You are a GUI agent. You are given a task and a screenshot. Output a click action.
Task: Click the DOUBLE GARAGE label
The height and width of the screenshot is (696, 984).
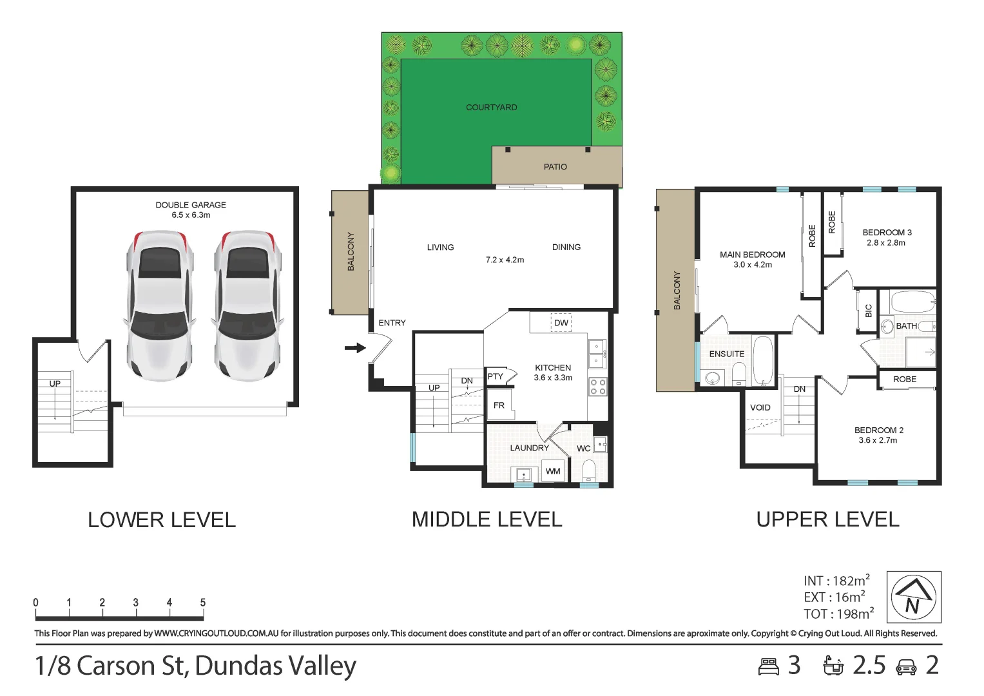(191, 205)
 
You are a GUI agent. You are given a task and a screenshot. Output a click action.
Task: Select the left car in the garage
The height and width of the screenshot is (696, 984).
(159, 305)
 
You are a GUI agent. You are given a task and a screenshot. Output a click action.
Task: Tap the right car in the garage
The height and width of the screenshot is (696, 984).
(248, 305)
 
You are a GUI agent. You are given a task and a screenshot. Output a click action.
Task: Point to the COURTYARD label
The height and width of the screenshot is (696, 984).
(492, 108)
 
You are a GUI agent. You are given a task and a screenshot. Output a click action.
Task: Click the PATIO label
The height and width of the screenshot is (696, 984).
(555, 167)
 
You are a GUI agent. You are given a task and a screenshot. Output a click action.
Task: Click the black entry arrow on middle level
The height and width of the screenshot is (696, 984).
(355, 348)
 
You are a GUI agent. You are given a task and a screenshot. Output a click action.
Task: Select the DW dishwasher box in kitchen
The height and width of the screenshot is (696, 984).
(561, 323)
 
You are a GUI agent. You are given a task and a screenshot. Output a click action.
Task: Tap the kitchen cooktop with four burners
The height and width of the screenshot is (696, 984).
(597, 387)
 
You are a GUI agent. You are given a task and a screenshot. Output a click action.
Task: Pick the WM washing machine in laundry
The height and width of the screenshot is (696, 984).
(553, 471)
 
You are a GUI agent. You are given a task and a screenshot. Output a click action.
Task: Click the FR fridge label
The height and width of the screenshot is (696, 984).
(499, 405)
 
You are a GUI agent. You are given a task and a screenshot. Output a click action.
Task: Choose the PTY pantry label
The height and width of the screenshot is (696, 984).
(495, 376)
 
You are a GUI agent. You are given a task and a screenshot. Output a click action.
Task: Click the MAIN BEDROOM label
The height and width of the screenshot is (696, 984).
(753, 255)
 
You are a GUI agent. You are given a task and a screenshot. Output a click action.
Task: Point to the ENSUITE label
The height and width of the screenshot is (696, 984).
(727, 354)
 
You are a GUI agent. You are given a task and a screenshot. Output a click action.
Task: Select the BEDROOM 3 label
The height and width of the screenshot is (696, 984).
(887, 233)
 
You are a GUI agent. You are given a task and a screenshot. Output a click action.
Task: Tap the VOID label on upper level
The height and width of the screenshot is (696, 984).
(760, 407)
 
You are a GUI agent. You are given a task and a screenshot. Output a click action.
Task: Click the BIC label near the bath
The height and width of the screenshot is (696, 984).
(869, 311)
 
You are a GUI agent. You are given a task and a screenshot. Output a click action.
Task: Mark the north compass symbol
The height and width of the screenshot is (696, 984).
(914, 597)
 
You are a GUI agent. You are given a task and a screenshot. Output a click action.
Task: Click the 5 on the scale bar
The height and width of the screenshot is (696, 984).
(203, 603)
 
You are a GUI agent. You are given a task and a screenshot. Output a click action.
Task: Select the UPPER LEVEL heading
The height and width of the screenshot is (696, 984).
(827, 519)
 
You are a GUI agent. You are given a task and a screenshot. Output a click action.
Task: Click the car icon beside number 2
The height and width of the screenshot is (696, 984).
(906, 666)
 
